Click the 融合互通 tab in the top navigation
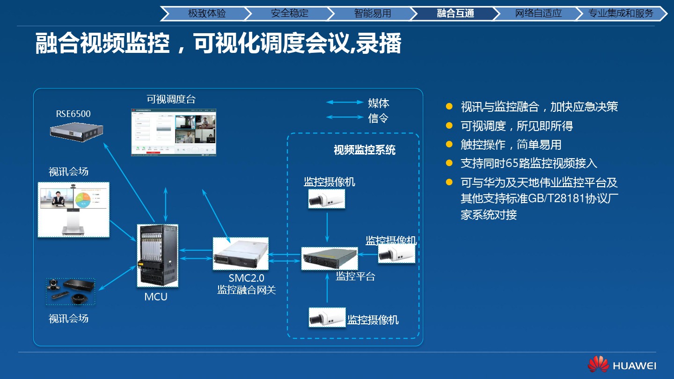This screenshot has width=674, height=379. (455, 14)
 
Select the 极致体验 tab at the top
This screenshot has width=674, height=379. (207, 14)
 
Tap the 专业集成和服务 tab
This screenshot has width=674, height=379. (621, 14)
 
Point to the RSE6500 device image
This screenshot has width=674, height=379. (76, 131)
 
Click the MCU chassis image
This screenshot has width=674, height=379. (157, 255)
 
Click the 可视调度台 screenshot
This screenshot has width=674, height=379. (174, 132)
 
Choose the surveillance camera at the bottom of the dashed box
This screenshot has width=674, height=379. (327, 318)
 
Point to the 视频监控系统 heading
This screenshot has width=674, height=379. (364, 150)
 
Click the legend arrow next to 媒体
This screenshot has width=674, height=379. (344, 102)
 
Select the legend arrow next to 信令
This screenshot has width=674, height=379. (344, 117)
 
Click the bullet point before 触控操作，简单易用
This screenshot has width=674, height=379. (449, 145)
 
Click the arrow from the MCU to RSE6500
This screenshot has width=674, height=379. (129, 183)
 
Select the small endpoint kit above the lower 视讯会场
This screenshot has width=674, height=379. (71, 292)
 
